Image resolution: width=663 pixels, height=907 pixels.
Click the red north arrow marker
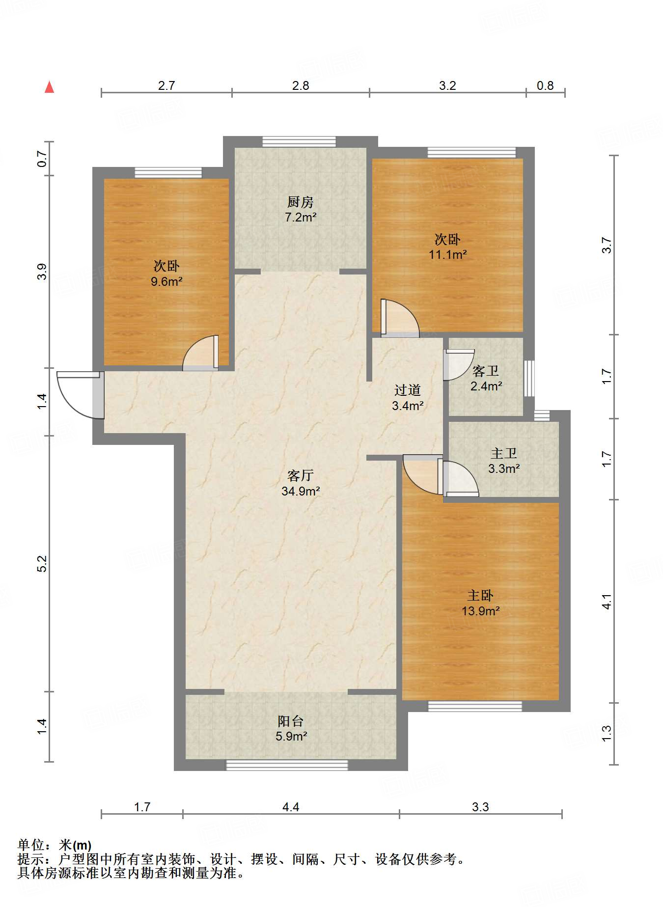pyautogui.click(x=49, y=87)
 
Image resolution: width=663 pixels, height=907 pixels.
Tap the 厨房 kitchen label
pyautogui.click(x=300, y=202)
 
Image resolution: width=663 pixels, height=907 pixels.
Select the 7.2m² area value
pyautogui.click(x=301, y=217)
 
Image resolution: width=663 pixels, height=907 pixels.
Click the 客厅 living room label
pyautogui.click(x=301, y=475)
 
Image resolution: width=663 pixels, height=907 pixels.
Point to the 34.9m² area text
pyautogui.click(x=301, y=491)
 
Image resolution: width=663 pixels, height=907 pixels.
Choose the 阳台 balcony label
pyautogui.click(x=291, y=721)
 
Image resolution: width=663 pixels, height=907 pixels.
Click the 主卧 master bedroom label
pyautogui.click(x=480, y=596)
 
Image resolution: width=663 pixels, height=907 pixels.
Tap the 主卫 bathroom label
pyautogui.click(x=504, y=453)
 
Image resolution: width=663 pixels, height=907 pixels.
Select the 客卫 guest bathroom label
pyautogui.click(x=486, y=371)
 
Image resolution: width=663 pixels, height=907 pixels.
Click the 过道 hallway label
pyautogui.click(x=408, y=390)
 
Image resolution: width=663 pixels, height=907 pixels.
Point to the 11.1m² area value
pyautogui.click(x=447, y=255)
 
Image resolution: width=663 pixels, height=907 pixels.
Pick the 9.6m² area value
pyautogui.click(x=166, y=282)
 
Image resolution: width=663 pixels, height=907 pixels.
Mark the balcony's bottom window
pyautogui.click(x=287, y=765)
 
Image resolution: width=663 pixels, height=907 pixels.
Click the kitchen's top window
pyautogui.click(x=299, y=141)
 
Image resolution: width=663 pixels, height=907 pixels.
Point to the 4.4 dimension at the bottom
pyautogui.click(x=291, y=807)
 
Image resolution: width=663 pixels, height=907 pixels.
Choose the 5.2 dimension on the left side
pyautogui.click(x=42, y=564)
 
